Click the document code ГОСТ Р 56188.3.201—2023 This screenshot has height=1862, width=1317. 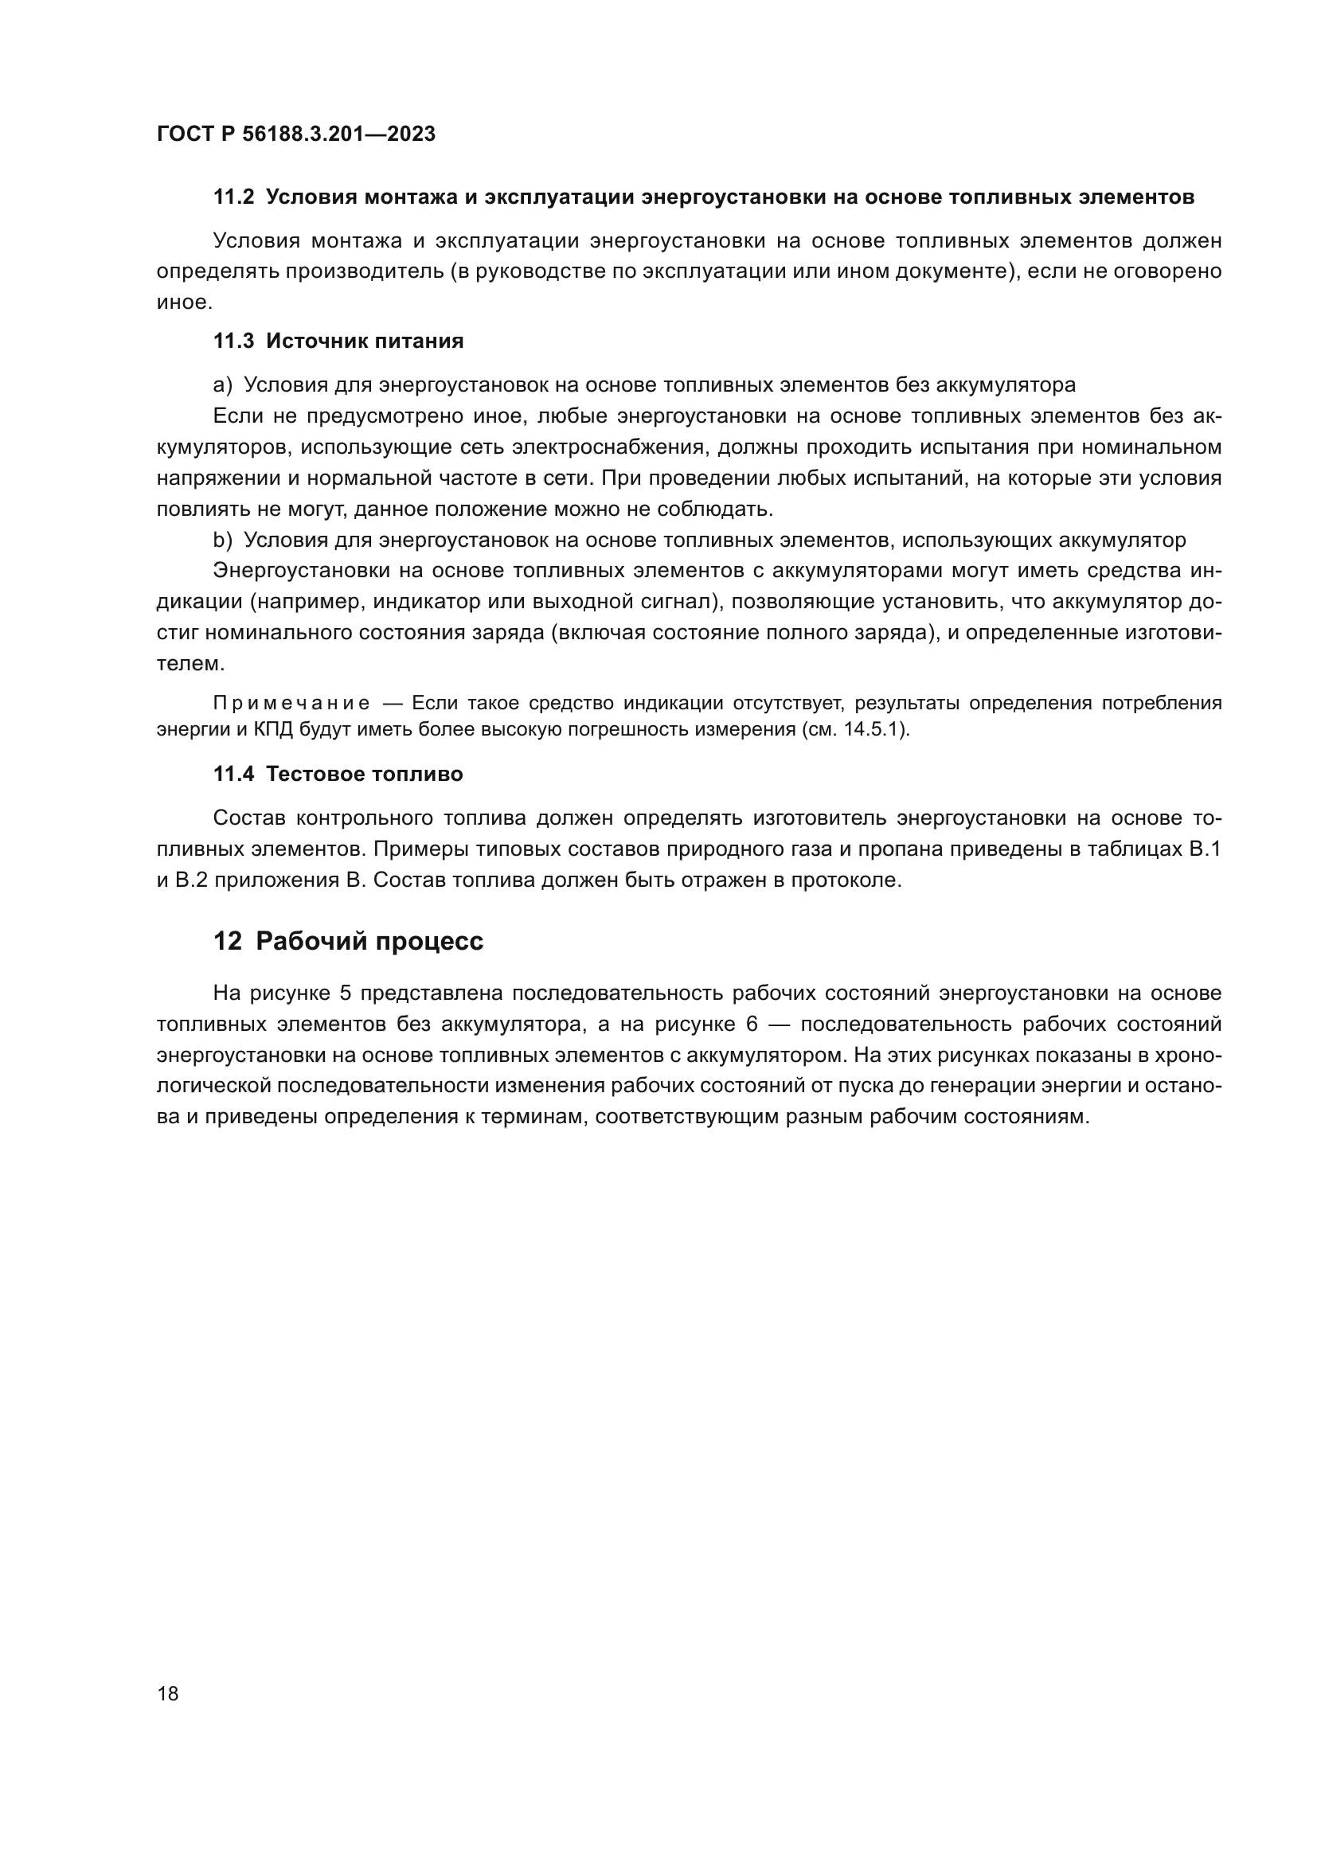pyautogui.click(x=295, y=134)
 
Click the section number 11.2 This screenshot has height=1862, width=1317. pyautogui.click(x=233, y=197)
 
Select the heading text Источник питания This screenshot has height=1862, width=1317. pyautogui.click(x=364, y=341)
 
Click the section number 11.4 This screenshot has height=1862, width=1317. pyautogui.click(x=233, y=774)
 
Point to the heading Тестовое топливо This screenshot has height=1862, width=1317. pyautogui.click(x=364, y=774)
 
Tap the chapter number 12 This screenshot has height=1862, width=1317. pyautogui.click(x=227, y=941)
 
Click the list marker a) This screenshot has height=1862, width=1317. pyautogui.click(x=222, y=385)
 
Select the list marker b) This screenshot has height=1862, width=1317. pyautogui.click(x=222, y=540)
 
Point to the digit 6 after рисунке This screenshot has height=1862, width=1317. pyautogui.click(x=751, y=1025)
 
